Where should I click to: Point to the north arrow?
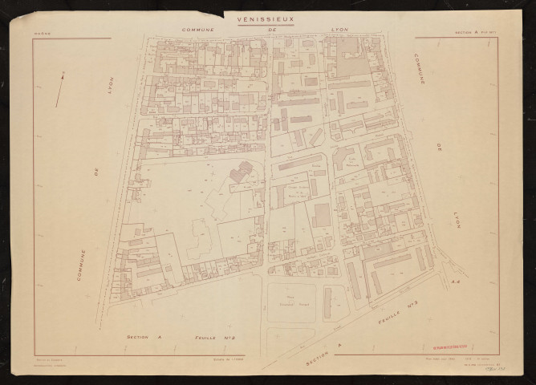coord(60,88)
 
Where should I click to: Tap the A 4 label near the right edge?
coord(455,282)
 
